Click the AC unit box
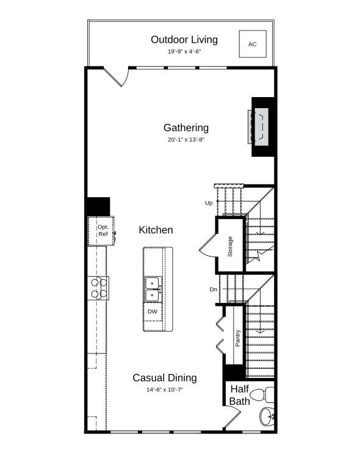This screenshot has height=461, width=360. click(252, 44)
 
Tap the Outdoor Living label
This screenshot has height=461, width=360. click(184, 40)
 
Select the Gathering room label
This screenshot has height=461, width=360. click(186, 128)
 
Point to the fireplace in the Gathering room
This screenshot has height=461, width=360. click(259, 127)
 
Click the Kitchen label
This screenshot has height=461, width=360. click(156, 230)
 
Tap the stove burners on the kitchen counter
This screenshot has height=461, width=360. click(99, 288)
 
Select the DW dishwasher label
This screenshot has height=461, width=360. click(153, 311)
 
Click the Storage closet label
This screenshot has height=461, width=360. click(230, 246)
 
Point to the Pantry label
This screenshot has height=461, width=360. click(238, 339)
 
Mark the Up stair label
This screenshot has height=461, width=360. click(209, 203)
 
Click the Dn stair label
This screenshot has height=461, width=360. click(212, 289)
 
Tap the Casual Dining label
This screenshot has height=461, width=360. click(165, 378)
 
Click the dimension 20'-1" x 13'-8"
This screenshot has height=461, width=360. click(186, 140)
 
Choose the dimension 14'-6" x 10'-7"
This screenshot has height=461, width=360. click(165, 390)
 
